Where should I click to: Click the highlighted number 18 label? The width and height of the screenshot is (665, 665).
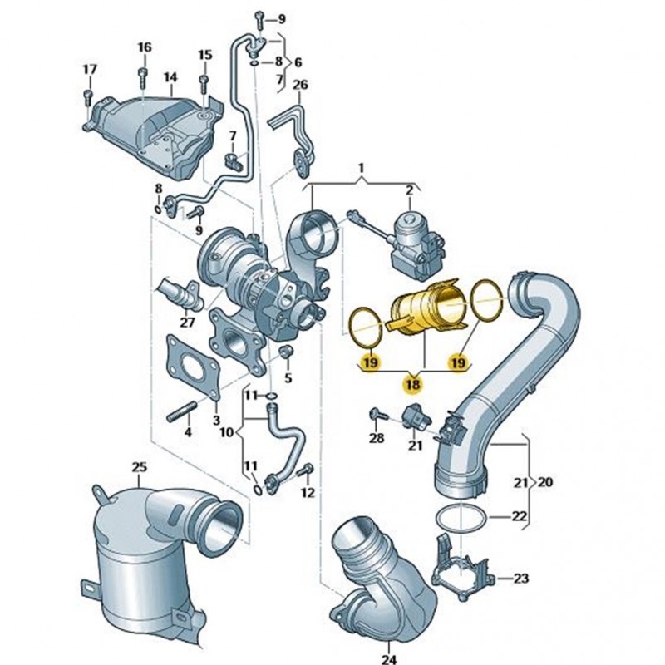[412, 384]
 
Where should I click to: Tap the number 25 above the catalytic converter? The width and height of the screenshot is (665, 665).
[140, 467]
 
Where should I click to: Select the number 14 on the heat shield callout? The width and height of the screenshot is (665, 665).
[170, 77]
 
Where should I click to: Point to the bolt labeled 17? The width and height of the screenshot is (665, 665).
[89, 97]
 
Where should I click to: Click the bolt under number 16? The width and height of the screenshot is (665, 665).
[142, 77]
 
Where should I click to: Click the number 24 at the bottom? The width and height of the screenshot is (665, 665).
[389, 659]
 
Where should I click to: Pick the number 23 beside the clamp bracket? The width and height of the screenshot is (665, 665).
[521, 578]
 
